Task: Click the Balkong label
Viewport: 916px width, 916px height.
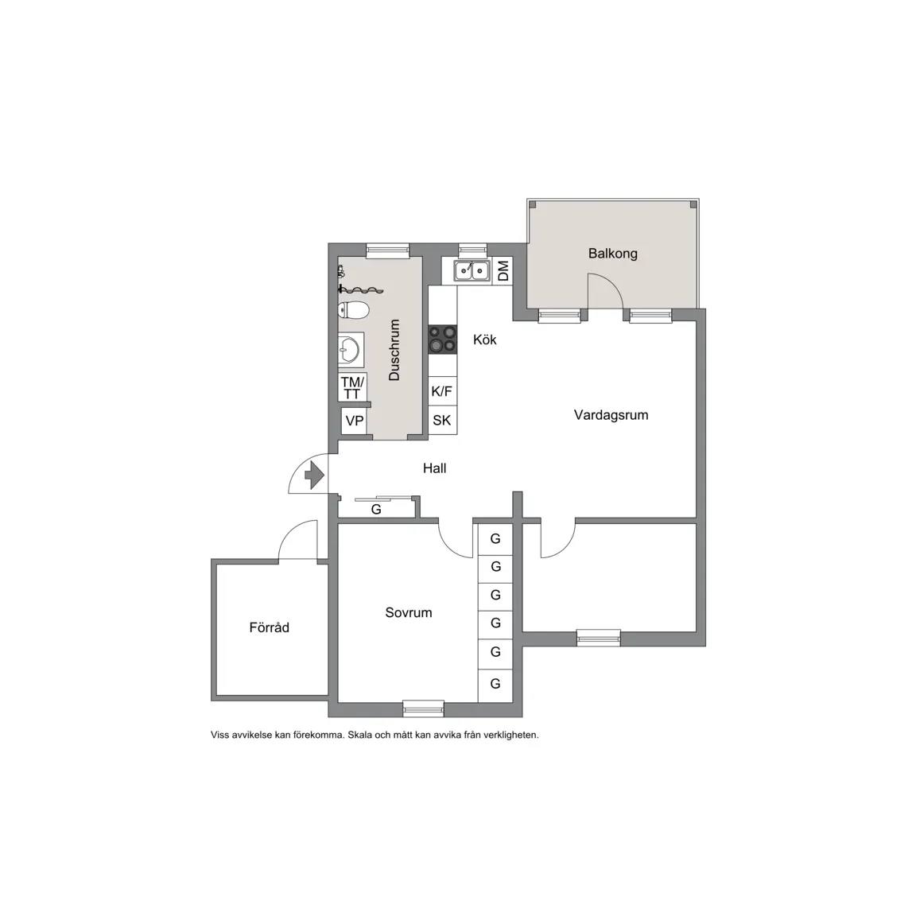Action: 612,254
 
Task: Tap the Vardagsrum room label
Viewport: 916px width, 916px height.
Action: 611,415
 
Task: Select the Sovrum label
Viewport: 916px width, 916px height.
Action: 409,612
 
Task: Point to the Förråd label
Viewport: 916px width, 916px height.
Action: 270,627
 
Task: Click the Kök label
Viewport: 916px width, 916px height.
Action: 485,340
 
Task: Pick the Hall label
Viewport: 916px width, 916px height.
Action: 435,468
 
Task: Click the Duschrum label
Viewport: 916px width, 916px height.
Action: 394,350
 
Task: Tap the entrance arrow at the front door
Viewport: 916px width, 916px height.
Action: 314,475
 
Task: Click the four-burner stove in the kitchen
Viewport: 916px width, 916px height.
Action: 442,339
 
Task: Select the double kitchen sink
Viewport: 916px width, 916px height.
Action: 472,270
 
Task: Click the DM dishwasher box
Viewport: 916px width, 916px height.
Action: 503,270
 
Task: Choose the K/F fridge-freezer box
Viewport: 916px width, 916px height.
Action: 442,391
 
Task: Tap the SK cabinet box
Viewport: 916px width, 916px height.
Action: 442,420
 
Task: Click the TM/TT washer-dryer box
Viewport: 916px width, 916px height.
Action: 353,387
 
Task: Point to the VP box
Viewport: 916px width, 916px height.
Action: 354,421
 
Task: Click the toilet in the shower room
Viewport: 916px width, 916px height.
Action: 353,309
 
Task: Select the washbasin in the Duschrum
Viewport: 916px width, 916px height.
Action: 351,350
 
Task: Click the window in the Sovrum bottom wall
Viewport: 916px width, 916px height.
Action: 424,708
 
